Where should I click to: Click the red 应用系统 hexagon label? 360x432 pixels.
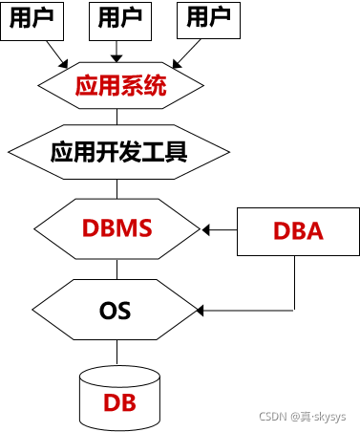(x=120, y=86)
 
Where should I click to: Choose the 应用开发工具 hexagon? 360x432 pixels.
(x=118, y=151)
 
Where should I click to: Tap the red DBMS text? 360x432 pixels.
(x=118, y=229)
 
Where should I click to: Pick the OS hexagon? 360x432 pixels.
(x=116, y=310)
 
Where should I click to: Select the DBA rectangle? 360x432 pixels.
(x=297, y=230)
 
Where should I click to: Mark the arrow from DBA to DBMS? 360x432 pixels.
(x=220, y=229)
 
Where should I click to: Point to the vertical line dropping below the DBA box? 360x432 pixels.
(x=294, y=283)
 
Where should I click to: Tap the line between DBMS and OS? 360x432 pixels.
(x=118, y=269)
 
